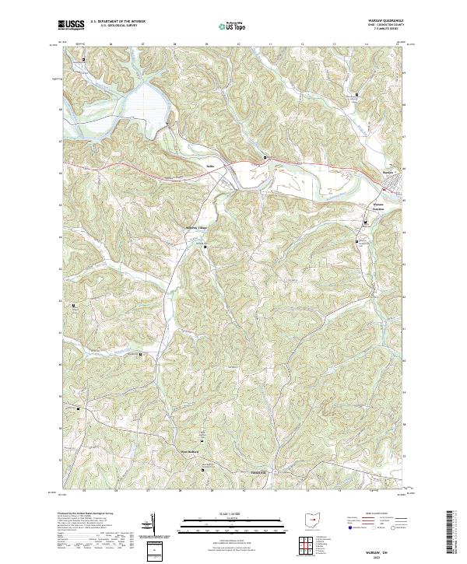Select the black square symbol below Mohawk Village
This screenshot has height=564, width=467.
[205, 247]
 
